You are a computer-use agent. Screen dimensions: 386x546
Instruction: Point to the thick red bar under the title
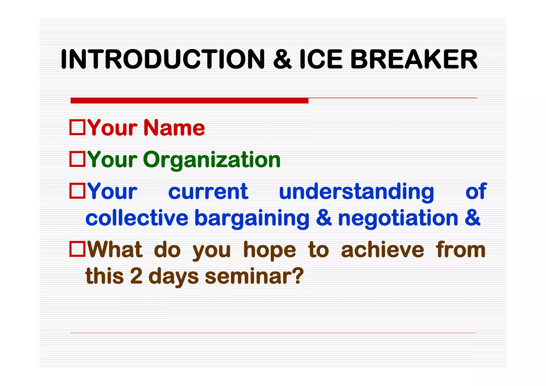click(189, 100)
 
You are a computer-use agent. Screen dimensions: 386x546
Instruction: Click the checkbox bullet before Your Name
click(77, 127)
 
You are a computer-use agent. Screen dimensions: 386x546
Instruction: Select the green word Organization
click(212, 160)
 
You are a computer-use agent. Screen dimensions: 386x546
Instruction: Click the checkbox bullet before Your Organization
click(77, 159)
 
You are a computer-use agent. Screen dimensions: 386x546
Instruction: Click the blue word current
click(208, 191)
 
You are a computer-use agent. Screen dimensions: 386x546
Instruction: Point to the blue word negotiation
click(398, 218)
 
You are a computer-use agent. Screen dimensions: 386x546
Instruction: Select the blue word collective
click(137, 218)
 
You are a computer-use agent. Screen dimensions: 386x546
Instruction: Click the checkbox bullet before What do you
click(77, 249)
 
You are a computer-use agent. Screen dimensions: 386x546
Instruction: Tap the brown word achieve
click(382, 250)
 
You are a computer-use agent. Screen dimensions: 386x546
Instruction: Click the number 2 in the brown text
click(136, 276)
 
